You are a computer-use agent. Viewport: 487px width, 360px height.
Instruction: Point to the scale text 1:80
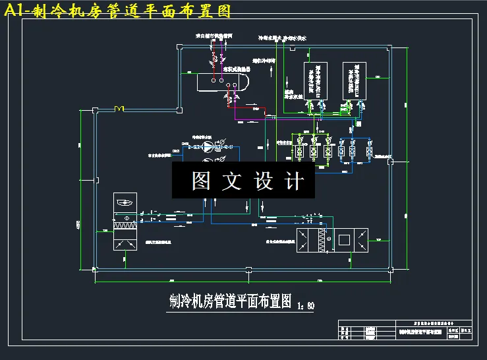[307, 305]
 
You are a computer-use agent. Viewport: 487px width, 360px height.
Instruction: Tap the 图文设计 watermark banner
[248, 180]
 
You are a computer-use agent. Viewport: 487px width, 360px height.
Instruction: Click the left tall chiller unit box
[314, 81]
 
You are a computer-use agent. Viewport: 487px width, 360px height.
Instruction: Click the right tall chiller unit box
[354, 81]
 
